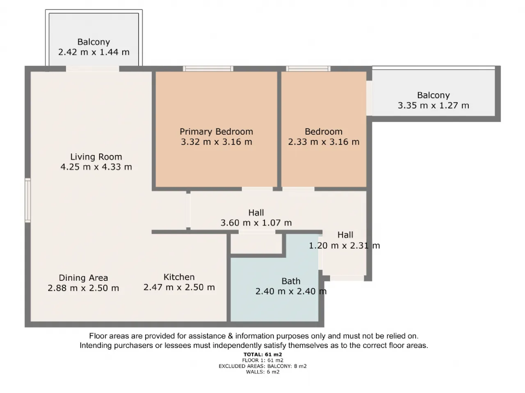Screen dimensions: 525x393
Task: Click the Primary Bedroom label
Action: coord(216,131)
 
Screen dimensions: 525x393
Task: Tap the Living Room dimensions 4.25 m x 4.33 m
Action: coord(96,167)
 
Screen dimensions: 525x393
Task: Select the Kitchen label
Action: coord(179,277)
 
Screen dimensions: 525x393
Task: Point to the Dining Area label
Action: coord(83,278)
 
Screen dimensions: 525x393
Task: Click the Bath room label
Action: coord(291,281)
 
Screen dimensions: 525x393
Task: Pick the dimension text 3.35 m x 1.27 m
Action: coord(434,105)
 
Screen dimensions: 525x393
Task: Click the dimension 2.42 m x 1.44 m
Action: coord(94,52)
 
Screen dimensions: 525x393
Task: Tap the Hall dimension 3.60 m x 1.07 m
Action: coord(256,223)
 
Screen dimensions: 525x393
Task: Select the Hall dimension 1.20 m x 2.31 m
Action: coord(345,245)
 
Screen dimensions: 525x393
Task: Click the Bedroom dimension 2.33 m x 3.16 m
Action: coord(324,142)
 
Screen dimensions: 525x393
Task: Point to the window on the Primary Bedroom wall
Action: coord(208,69)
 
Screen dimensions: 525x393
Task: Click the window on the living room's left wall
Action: coord(28,200)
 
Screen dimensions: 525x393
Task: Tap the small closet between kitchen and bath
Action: coord(256,244)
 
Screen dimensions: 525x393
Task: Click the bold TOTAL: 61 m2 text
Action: coord(262,355)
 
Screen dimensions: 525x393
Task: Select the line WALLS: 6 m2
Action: coord(262,372)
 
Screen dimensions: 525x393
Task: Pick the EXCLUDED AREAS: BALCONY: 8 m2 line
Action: coord(262,366)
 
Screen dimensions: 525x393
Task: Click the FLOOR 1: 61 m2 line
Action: coord(262,360)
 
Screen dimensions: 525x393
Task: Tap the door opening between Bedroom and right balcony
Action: coord(369,98)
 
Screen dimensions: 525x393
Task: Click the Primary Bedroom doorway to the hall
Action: coord(257,189)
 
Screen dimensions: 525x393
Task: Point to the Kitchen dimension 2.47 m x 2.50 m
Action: coord(179,287)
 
